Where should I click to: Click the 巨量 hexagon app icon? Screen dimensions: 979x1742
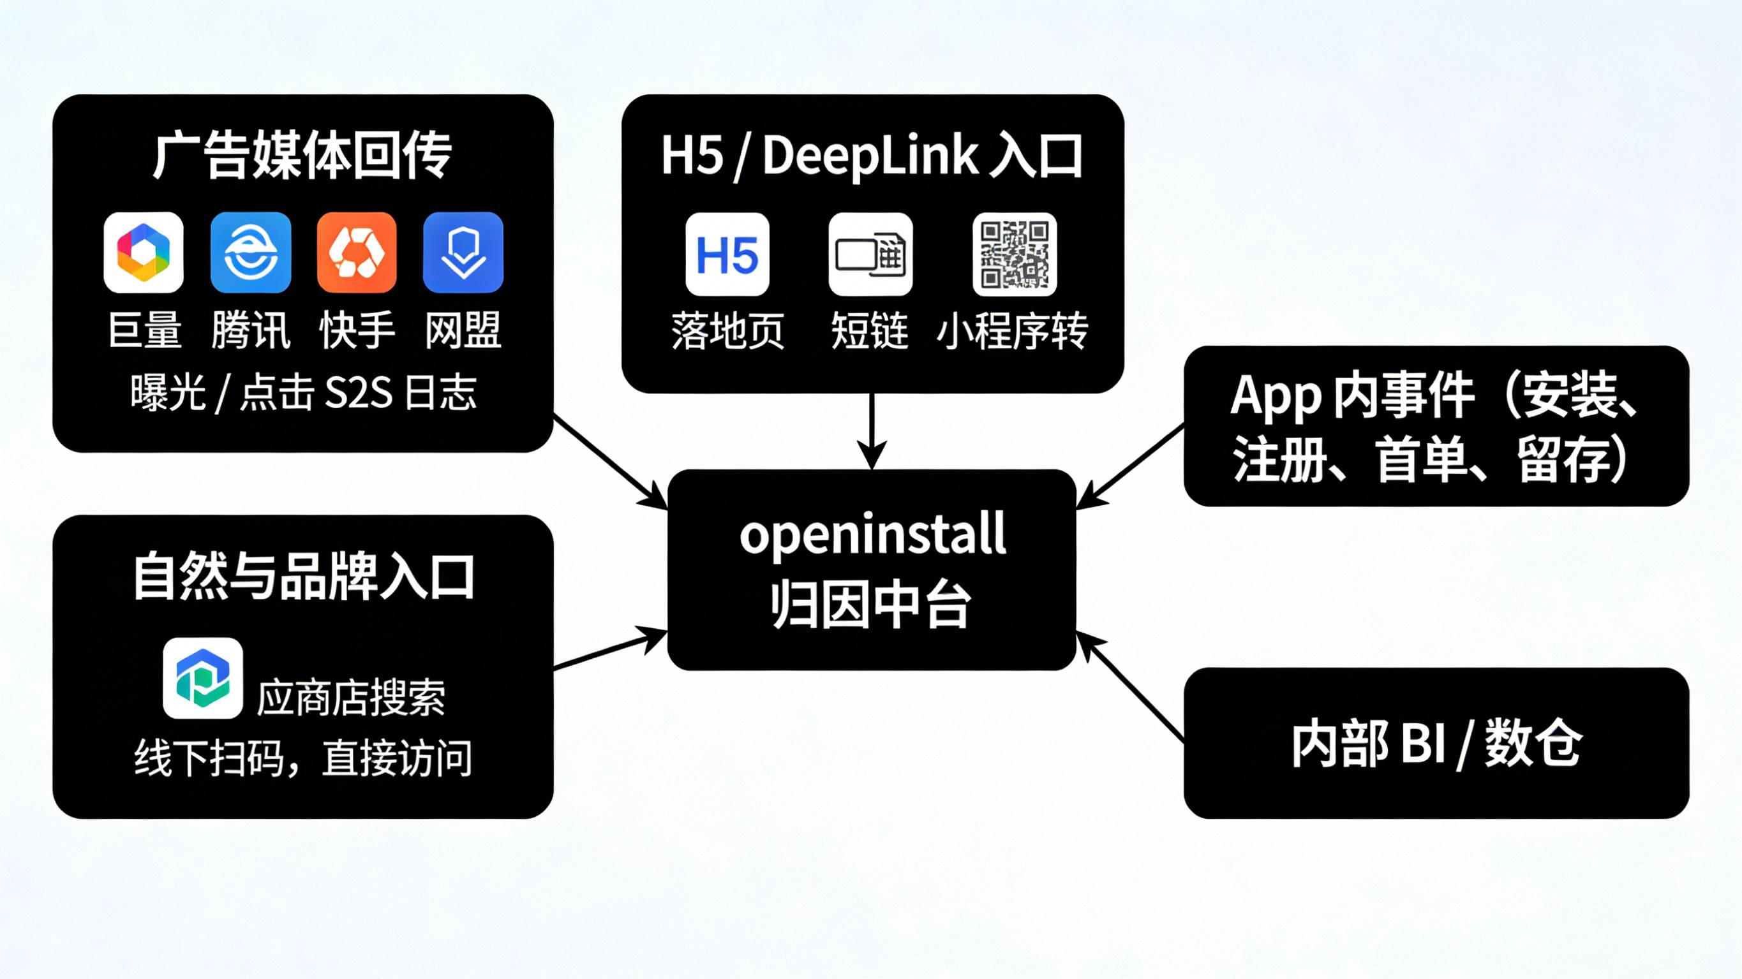[x=144, y=252]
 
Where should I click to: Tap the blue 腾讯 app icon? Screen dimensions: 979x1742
[x=250, y=252]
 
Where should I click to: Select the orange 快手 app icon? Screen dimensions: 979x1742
[x=357, y=252]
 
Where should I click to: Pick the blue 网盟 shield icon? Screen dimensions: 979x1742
[x=463, y=252]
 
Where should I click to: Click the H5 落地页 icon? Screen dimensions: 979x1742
[x=727, y=254]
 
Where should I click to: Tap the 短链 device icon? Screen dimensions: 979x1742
[x=870, y=254]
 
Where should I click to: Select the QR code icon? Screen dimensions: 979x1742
[x=1015, y=254]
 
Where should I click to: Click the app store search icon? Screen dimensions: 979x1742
[x=202, y=677]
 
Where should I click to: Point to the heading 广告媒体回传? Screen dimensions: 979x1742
[x=302, y=156]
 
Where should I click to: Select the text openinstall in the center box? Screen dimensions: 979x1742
[x=872, y=536]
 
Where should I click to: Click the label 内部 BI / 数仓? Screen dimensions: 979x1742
[x=1436, y=744]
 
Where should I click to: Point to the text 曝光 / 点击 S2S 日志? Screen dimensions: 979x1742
[x=303, y=392]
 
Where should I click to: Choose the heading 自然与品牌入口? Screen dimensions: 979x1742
[x=303, y=576]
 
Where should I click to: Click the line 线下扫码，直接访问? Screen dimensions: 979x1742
[x=303, y=758]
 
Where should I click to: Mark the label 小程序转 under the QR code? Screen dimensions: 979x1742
[x=1012, y=331]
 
